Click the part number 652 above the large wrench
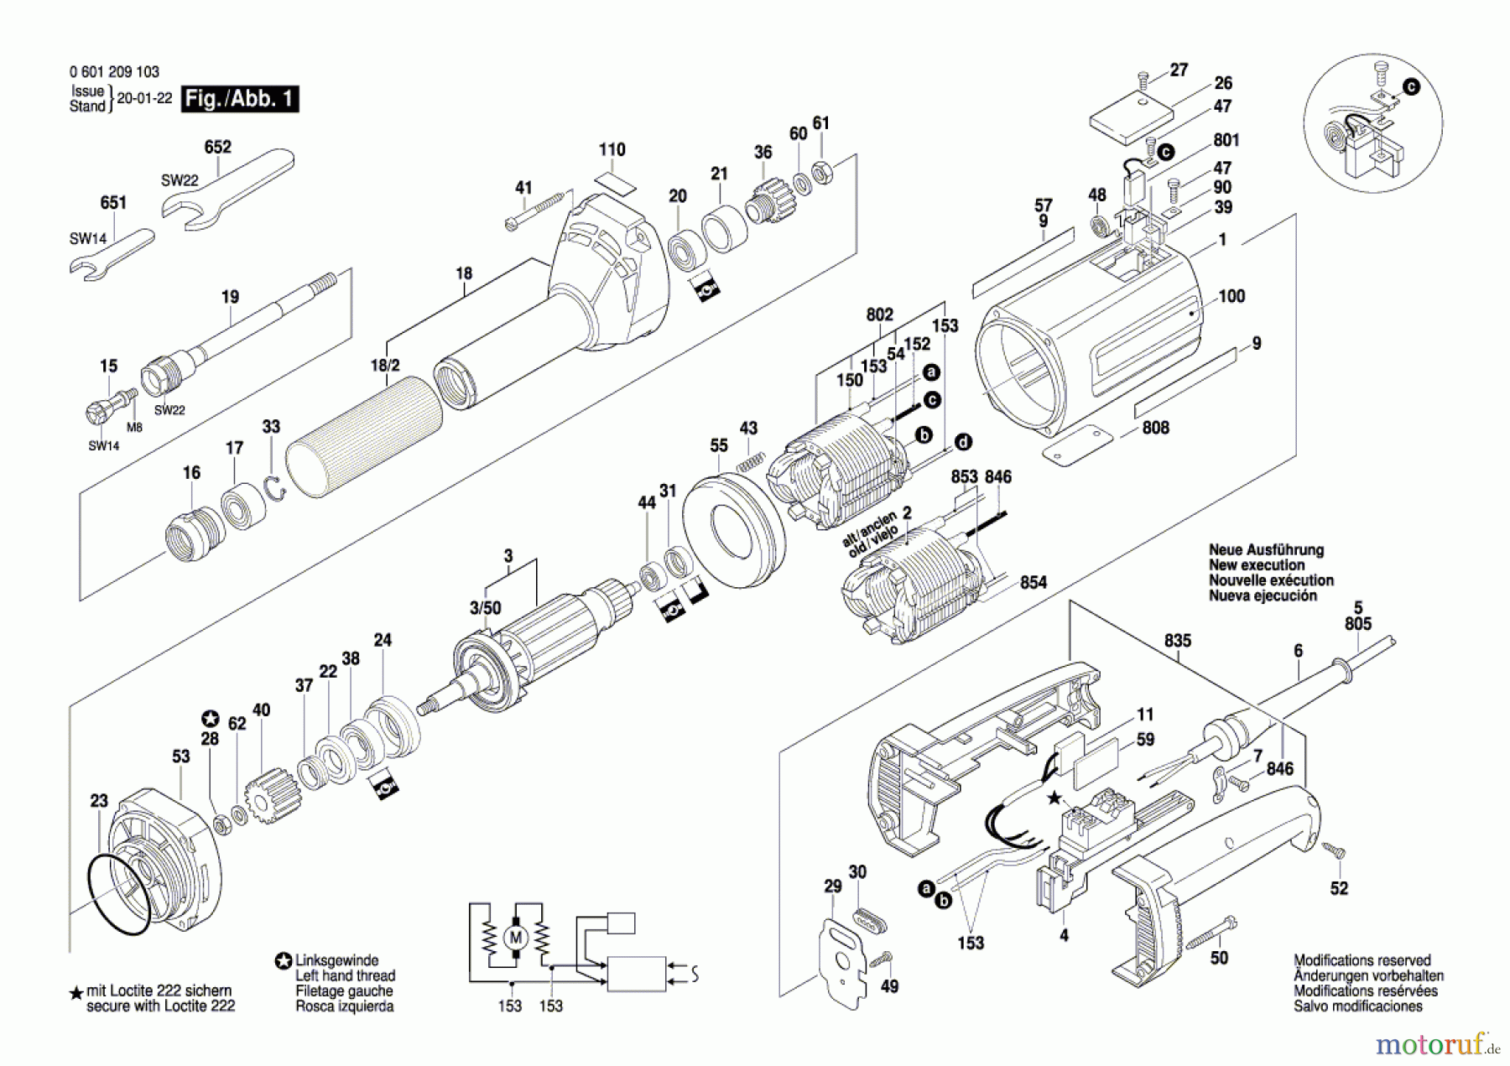click(217, 147)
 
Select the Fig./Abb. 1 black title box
click(240, 99)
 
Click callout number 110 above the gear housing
click(612, 149)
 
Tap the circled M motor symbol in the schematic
click(516, 938)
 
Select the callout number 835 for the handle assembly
click(1177, 641)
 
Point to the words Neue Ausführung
click(1266, 550)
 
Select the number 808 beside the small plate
click(1155, 428)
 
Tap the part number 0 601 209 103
click(114, 72)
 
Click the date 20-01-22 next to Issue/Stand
click(144, 98)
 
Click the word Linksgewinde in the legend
click(336, 960)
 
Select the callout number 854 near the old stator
click(1033, 582)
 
